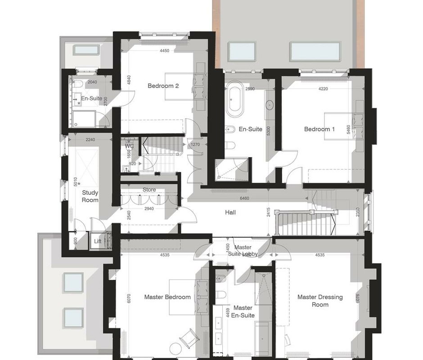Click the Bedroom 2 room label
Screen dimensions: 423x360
(x=163, y=86)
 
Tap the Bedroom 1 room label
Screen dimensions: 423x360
(x=319, y=129)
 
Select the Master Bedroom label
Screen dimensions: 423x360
(x=167, y=297)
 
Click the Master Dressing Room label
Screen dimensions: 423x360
(x=320, y=301)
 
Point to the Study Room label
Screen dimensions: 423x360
(x=90, y=196)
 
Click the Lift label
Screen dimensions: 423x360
(x=98, y=241)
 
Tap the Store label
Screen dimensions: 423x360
(x=149, y=190)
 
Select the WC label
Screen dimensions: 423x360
(x=129, y=146)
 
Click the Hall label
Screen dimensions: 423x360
(x=230, y=212)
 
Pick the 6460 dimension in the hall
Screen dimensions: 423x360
(x=244, y=198)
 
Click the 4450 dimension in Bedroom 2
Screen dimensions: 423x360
(x=164, y=50)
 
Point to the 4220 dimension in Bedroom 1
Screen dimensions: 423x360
(x=323, y=89)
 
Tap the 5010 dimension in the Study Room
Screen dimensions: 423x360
(x=75, y=182)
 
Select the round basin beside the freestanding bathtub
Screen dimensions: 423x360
(x=270, y=105)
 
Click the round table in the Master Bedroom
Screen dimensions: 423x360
(x=176, y=349)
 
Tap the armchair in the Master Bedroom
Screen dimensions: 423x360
(x=189, y=338)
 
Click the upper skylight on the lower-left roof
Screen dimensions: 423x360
(x=73, y=282)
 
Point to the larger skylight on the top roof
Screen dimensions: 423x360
(x=315, y=51)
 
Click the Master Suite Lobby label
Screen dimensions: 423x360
(x=243, y=251)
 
